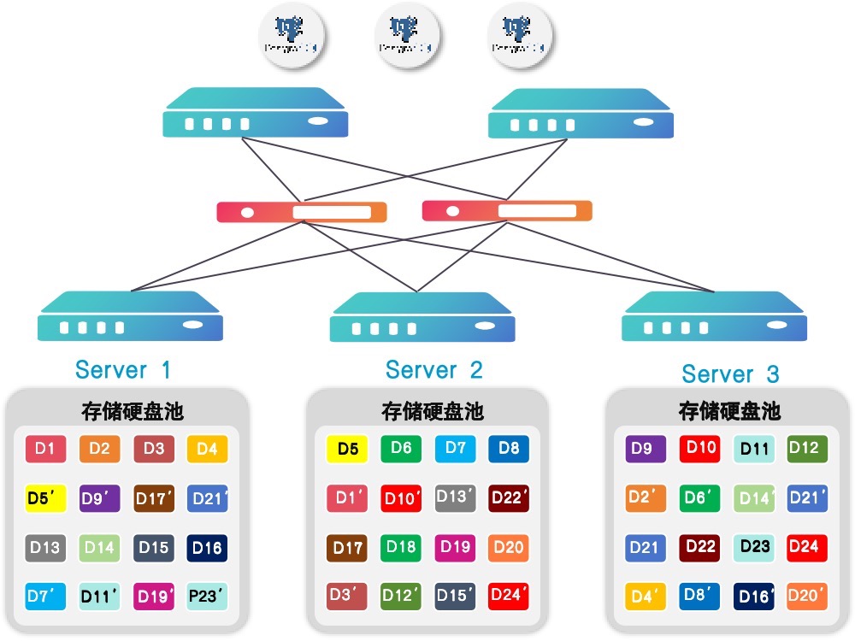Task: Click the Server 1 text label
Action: tap(123, 370)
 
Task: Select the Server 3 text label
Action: tap(730, 374)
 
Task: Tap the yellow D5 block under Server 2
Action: tap(347, 449)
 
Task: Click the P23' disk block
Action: tap(208, 597)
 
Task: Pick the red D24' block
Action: tap(509, 596)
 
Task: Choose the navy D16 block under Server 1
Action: tap(208, 548)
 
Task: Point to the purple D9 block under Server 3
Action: tap(646, 449)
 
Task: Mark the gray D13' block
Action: tap(455, 497)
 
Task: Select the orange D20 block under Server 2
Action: tap(509, 547)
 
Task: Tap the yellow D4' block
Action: tap(646, 597)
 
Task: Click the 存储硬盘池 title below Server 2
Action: tap(433, 411)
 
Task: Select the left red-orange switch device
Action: tap(301, 211)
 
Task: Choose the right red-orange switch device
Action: tap(506, 210)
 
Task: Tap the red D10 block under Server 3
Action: tap(700, 449)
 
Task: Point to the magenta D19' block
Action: tap(154, 597)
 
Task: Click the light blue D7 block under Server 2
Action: tap(455, 449)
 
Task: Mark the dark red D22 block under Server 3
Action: tap(700, 548)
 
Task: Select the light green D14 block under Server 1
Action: tap(100, 548)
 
